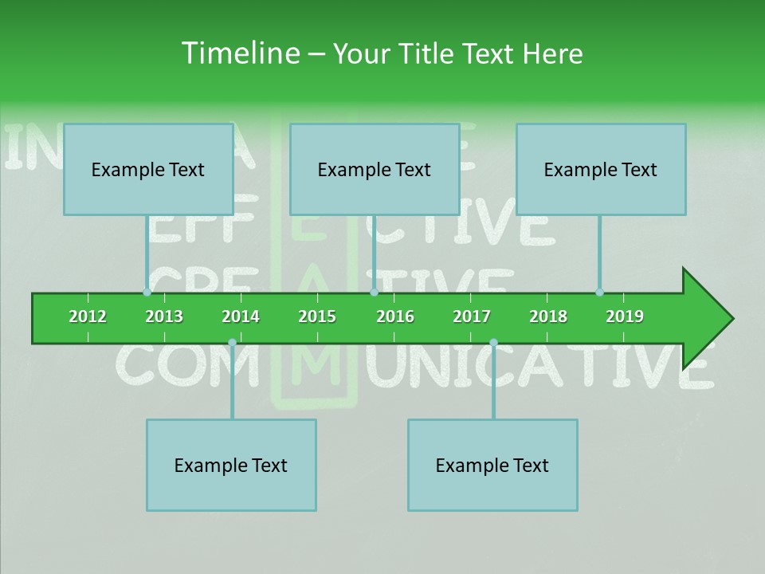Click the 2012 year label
88,316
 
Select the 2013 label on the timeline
164,316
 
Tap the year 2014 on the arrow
241,316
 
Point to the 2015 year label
317,316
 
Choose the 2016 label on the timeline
395,316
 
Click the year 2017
472,316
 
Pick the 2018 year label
548,316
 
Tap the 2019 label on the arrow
625,316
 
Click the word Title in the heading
427,53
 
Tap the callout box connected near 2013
147,169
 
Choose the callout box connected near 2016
374,169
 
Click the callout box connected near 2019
600,169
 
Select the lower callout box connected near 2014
231,465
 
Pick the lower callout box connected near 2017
492,465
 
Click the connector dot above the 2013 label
147,293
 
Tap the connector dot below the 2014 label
232,343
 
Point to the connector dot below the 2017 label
493,343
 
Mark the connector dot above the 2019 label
599,293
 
